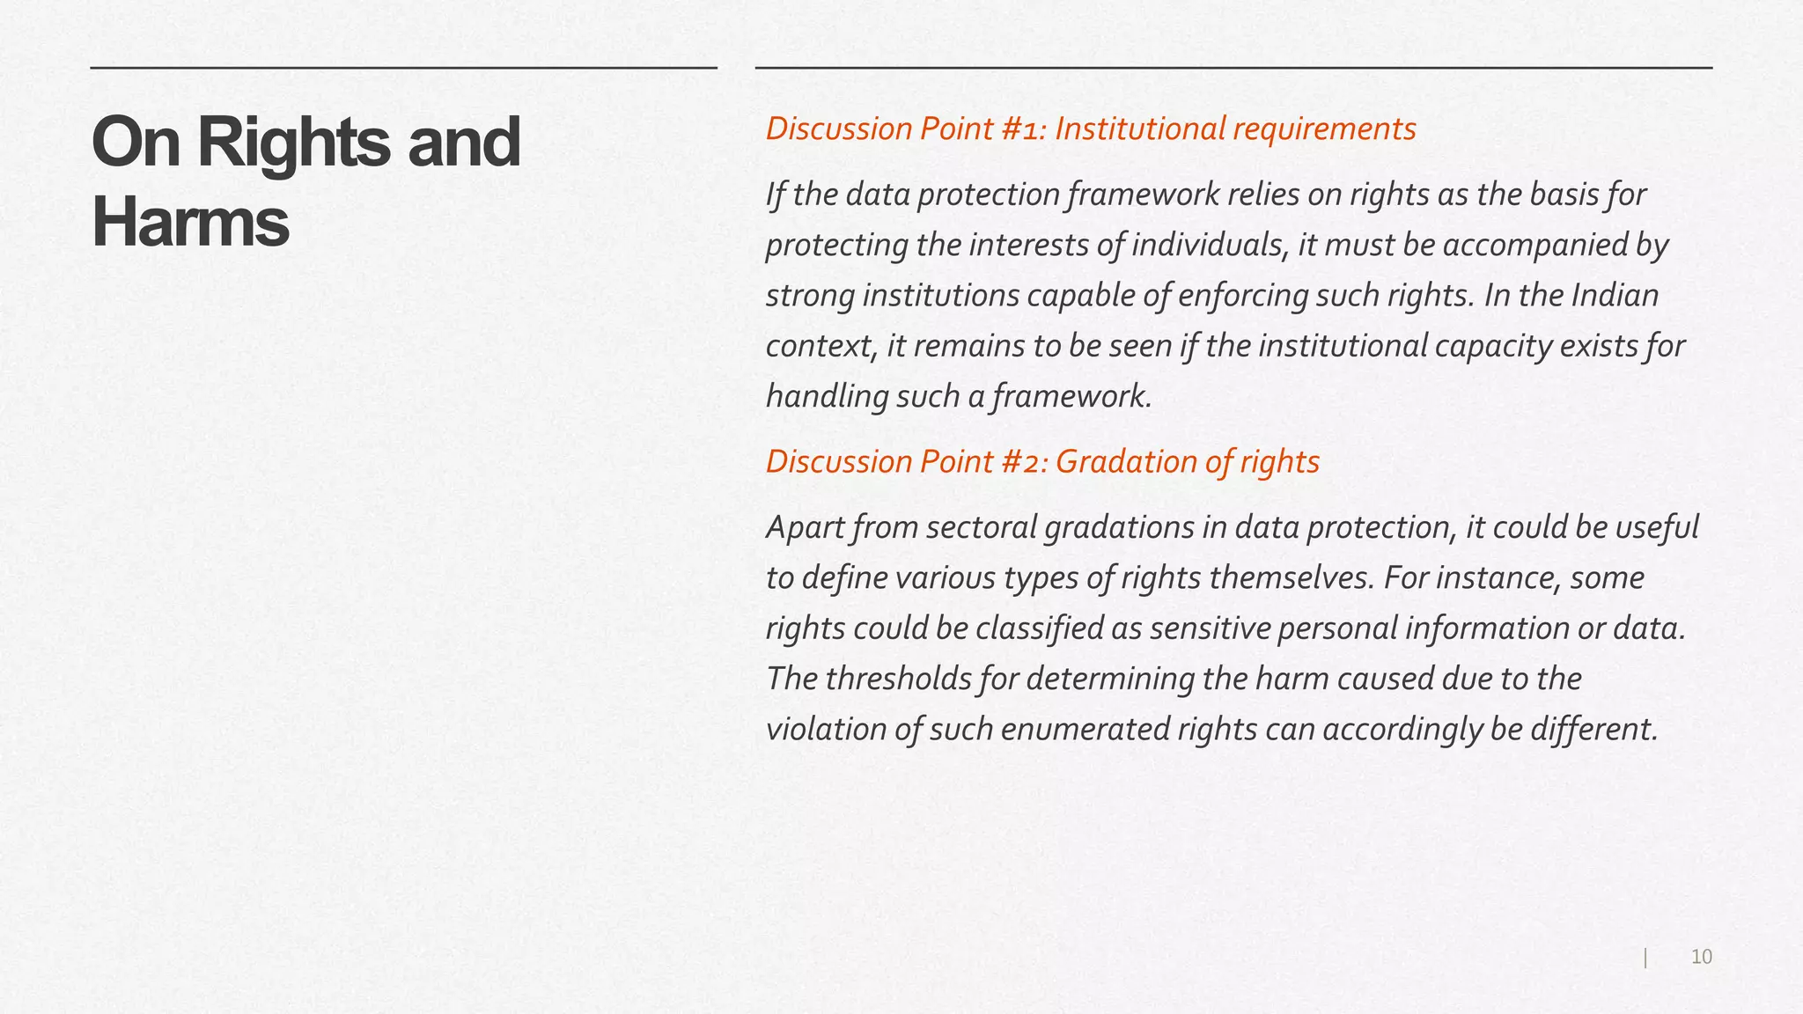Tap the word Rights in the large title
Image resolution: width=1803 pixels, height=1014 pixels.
tap(293, 143)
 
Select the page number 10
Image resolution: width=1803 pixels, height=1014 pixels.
tap(1701, 957)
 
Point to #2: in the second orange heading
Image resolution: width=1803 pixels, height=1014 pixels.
tap(1024, 461)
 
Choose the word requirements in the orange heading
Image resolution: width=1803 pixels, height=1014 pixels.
tap(1324, 129)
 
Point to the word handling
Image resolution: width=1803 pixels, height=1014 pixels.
tap(827, 397)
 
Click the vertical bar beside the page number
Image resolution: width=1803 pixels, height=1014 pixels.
tap(1645, 958)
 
